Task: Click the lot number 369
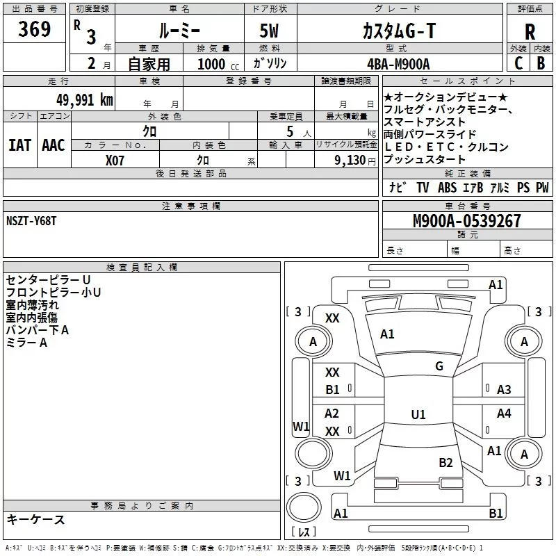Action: click(35, 29)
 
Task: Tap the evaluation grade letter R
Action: click(530, 32)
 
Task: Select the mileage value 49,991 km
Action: click(77, 100)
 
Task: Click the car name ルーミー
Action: click(179, 31)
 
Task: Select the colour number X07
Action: click(115, 159)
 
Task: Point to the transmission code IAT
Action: click(20, 145)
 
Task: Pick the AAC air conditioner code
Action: click(54, 145)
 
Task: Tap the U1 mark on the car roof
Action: click(418, 414)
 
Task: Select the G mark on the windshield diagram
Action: click(439, 366)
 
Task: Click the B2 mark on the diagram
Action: click(445, 462)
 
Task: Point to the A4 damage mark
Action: click(504, 414)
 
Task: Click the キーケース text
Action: click(35, 519)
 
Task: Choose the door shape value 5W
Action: click(271, 31)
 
